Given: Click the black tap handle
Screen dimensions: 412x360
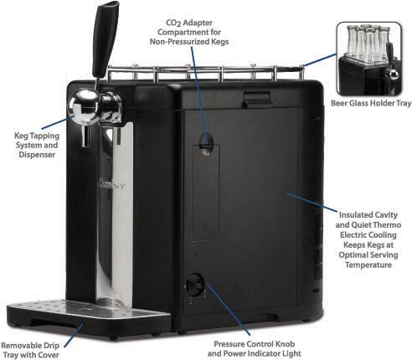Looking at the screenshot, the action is (106, 39).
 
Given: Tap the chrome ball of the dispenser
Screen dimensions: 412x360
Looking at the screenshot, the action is (83, 106).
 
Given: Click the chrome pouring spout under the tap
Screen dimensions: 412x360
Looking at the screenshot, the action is (86, 136).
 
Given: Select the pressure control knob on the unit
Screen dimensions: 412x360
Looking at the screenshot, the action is (194, 284).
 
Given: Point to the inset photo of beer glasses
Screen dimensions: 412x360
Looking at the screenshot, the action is (369, 59).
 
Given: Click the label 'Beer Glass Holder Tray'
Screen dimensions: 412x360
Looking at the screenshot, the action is (371, 103).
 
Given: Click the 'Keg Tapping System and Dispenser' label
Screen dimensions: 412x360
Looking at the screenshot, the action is (37, 145).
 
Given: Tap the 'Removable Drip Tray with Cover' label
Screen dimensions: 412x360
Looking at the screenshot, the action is (30, 350).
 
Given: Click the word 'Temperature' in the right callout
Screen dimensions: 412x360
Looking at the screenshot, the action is (368, 265).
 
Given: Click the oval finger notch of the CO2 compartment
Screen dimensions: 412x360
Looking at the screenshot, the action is (207, 144).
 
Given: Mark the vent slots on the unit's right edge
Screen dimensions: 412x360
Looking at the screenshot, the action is (317, 245).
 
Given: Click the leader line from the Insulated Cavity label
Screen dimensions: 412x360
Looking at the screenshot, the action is (312, 202).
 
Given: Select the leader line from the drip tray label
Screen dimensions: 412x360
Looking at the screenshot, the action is (74, 336).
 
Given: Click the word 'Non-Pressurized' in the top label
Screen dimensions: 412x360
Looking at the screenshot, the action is (175, 42).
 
